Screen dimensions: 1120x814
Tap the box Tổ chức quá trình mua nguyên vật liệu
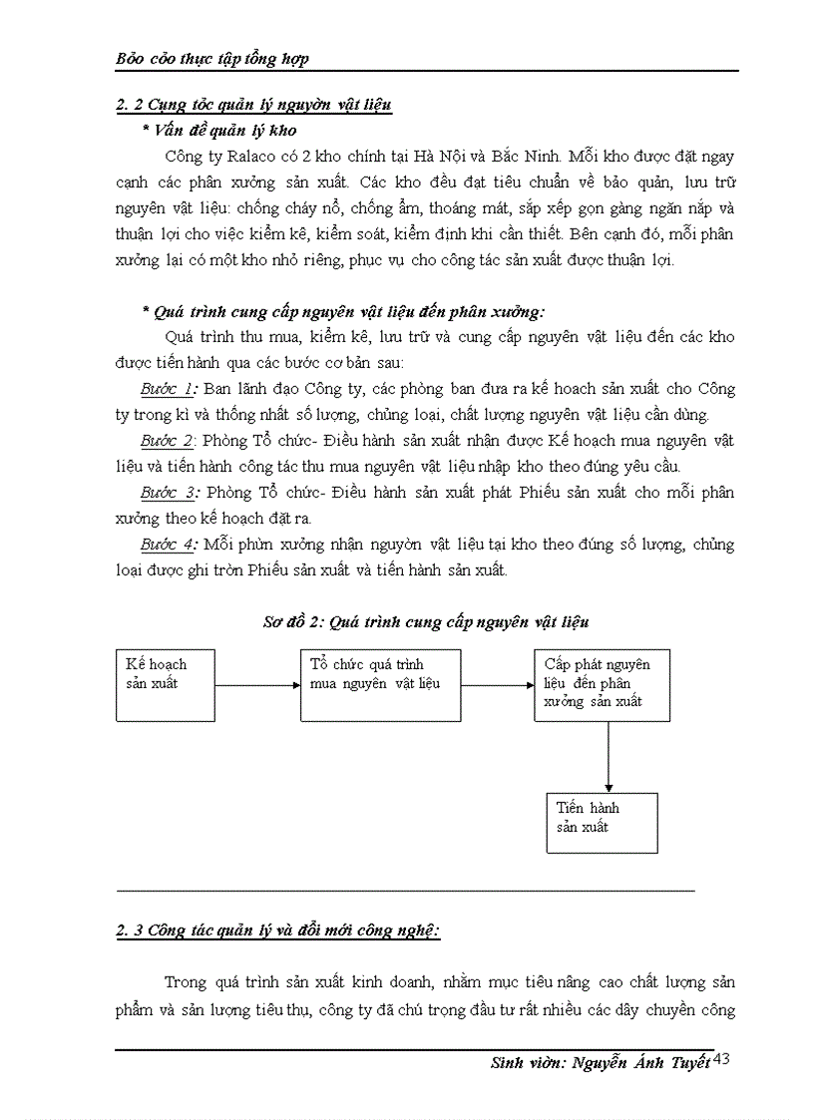(380, 684)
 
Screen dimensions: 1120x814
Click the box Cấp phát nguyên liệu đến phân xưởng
(602, 684)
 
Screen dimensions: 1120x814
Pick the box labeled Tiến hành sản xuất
(602, 822)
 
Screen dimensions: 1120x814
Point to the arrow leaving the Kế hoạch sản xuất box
(256, 685)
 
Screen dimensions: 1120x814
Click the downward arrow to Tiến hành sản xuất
(609, 757)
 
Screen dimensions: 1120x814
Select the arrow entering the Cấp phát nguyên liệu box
(497, 685)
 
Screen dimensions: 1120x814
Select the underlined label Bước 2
(166, 441)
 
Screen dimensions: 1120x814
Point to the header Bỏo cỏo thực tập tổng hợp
(212, 58)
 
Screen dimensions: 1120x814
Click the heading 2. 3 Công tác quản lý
(278, 932)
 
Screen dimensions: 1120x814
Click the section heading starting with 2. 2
(253, 105)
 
